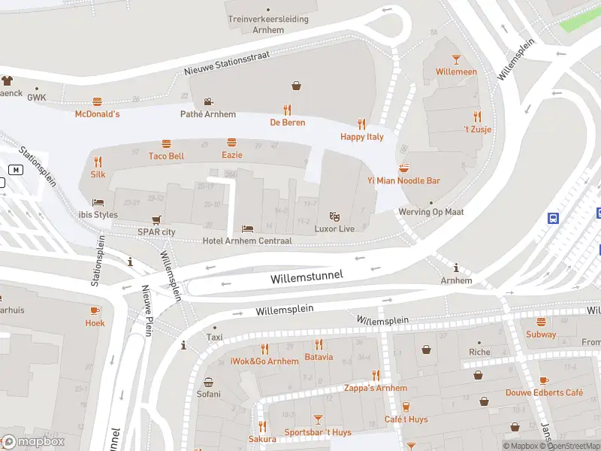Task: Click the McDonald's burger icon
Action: pyautogui.click(x=97, y=101)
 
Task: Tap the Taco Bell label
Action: pyautogui.click(x=166, y=156)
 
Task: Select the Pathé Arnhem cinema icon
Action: pyautogui.click(x=207, y=101)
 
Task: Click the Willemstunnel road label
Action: pyautogui.click(x=307, y=277)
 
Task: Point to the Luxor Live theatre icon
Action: pyautogui.click(x=335, y=216)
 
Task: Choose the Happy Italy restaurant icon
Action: pyautogui.click(x=361, y=124)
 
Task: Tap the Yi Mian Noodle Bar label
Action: pyautogui.click(x=403, y=180)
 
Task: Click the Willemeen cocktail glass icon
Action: pyautogui.click(x=456, y=59)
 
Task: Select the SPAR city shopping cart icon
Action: pyautogui.click(x=156, y=219)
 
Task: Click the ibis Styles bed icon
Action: pyautogui.click(x=98, y=202)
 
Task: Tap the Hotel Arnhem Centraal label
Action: pyautogui.click(x=247, y=241)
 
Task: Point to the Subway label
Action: pyautogui.click(x=541, y=334)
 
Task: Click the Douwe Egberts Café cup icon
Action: pyautogui.click(x=544, y=380)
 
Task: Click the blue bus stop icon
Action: pyautogui.click(x=553, y=218)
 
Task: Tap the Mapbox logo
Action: pyautogui.click(x=33, y=441)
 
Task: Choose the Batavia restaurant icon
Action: pyautogui.click(x=319, y=344)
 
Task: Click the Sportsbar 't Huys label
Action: pyautogui.click(x=318, y=432)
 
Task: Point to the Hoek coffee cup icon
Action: pyautogui.click(x=95, y=310)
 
